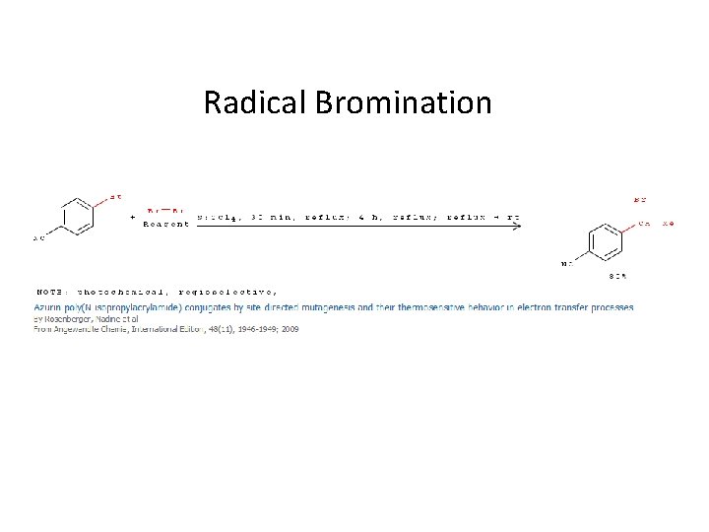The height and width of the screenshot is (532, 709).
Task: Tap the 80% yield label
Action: point(618,275)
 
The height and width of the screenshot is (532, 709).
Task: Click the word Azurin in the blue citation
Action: point(48,306)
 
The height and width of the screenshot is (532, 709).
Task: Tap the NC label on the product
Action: point(567,263)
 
